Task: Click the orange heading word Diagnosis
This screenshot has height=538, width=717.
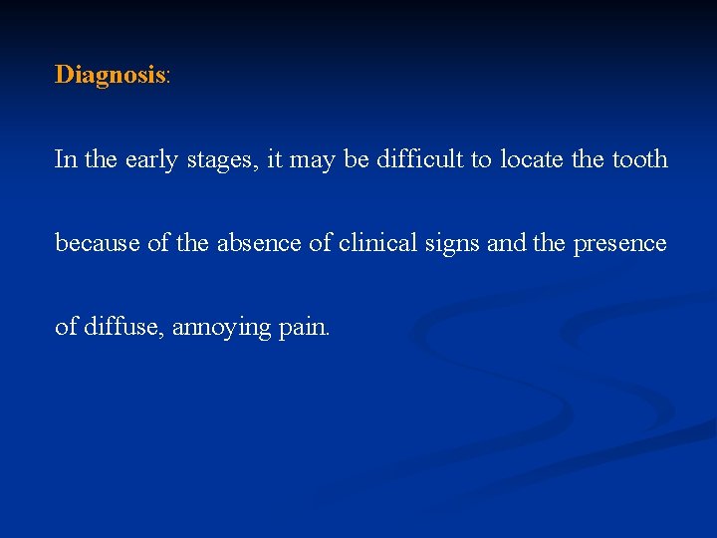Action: [x=110, y=75]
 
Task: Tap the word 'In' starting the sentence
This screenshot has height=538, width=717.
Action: [x=66, y=159]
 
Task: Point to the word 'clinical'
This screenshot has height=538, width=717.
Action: [x=374, y=242]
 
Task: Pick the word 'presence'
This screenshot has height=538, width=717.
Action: [x=619, y=244]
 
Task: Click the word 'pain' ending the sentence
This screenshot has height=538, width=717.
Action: [x=301, y=327]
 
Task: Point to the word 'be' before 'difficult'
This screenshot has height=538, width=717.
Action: [x=356, y=159]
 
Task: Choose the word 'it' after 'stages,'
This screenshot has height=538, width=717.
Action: [x=273, y=159]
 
